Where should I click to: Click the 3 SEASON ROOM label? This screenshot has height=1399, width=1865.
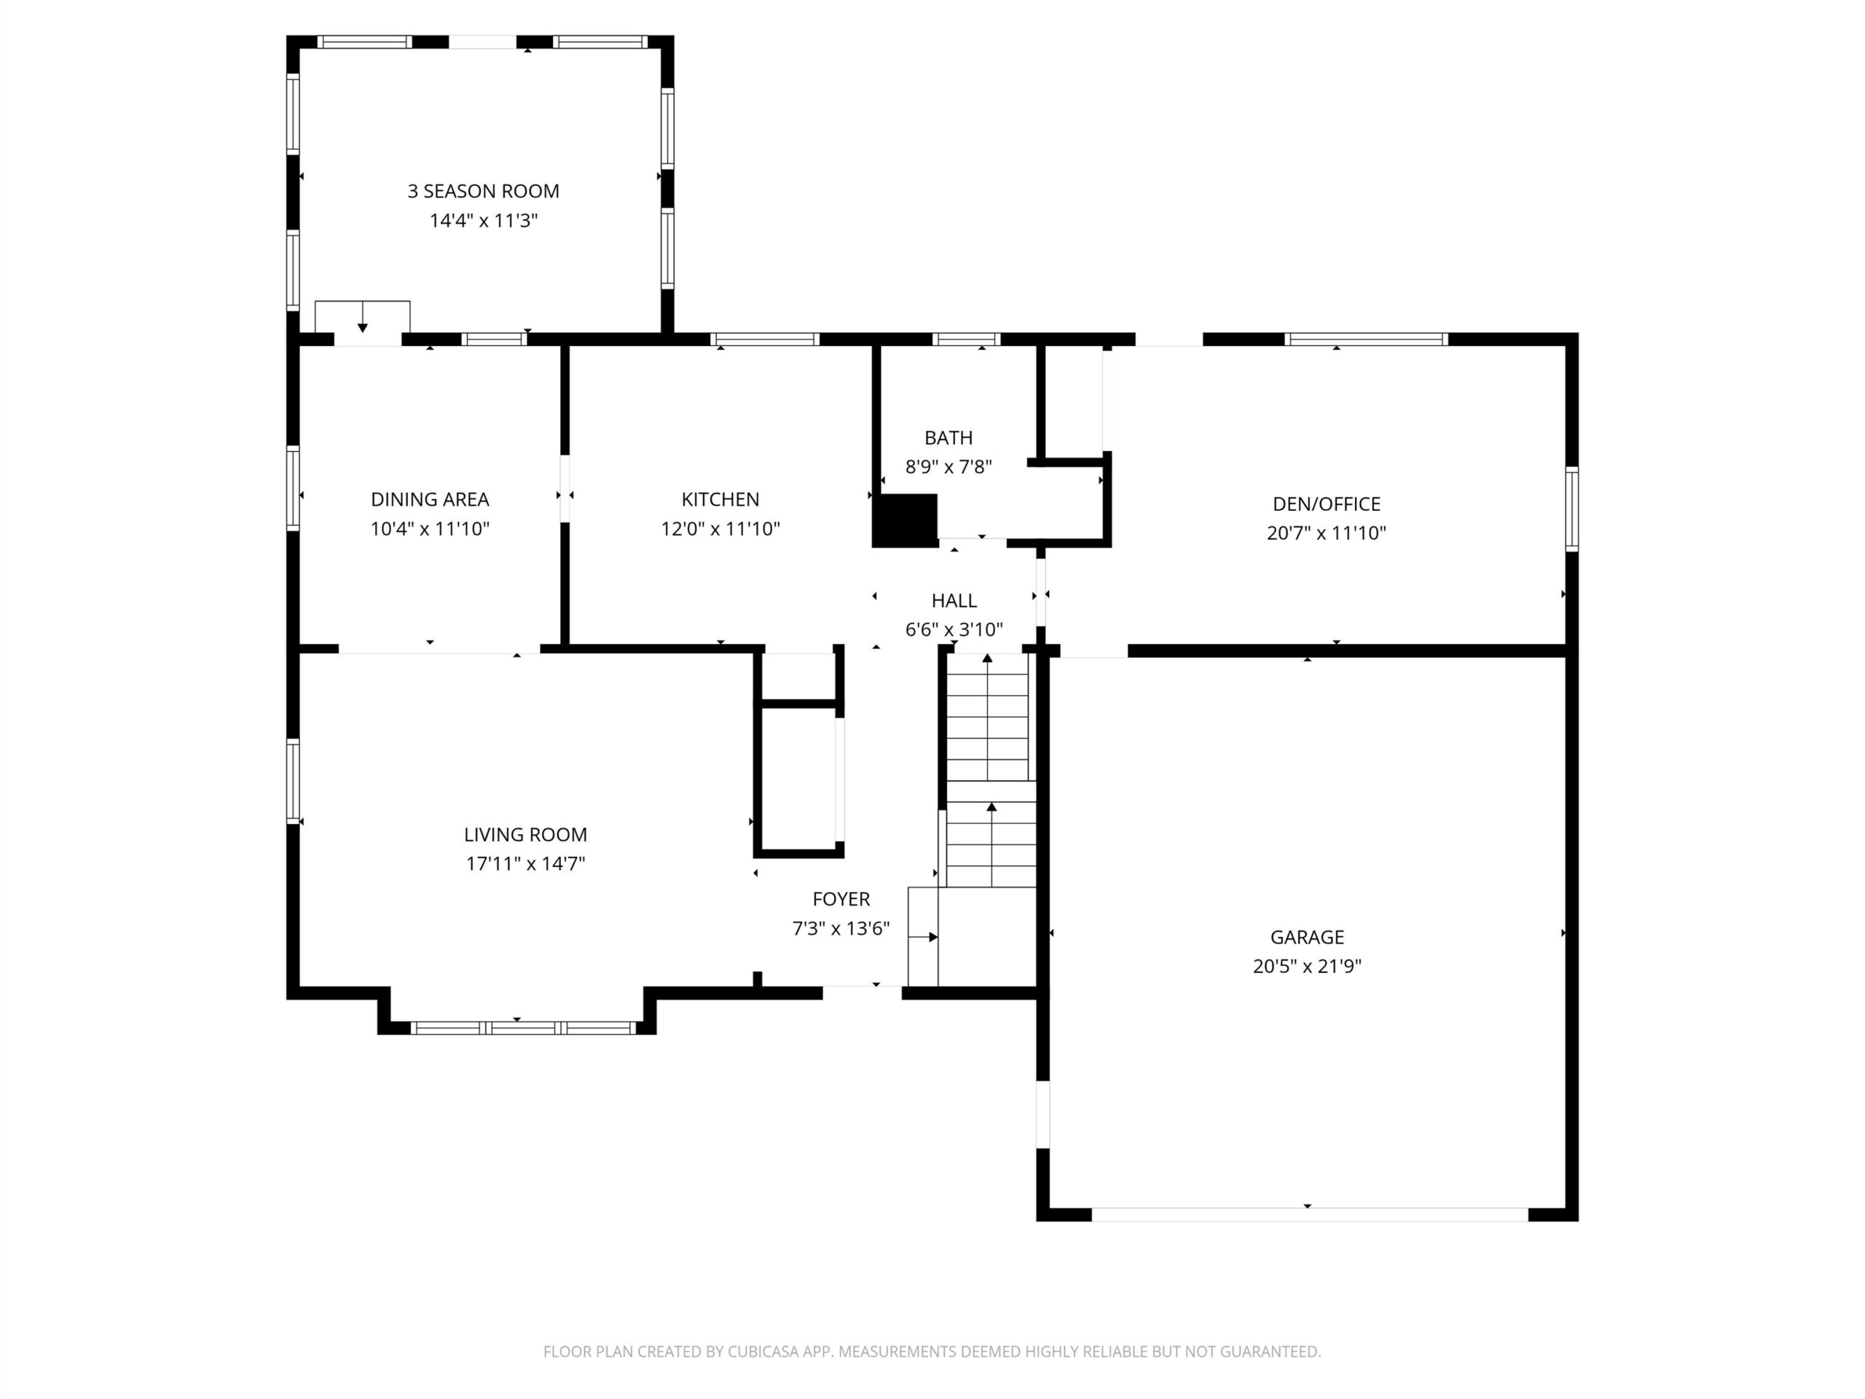pyautogui.click(x=483, y=192)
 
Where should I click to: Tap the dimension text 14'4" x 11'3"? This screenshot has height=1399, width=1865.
pyautogui.click(x=483, y=221)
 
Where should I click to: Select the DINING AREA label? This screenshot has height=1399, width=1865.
pyautogui.click(x=430, y=499)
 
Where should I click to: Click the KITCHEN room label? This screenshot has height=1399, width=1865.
pyautogui.click(x=720, y=499)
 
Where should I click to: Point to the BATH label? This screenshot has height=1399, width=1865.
pyautogui.click(x=949, y=438)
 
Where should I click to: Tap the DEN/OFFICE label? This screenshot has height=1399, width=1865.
pyautogui.click(x=1326, y=504)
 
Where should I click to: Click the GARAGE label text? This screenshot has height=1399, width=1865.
pyautogui.click(x=1307, y=937)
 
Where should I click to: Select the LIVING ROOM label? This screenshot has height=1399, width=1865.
pyautogui.click(x=525, y=835)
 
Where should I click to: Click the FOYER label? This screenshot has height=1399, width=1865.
pyautogui.click(x=841, y=899)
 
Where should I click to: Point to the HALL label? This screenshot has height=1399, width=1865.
pyautogui.click(x=954, y=600)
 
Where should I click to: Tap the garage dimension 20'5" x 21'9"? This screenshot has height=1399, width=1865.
pyautogui.click(x=1307, y=966)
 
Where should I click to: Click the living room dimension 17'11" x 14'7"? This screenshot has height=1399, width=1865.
pyautogui.click(x=525, y=863)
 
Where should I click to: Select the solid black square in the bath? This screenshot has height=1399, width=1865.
pyautogui.click(x=905, y=521)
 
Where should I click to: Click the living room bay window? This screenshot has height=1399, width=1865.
pyautogui.click(x=523, y=1028)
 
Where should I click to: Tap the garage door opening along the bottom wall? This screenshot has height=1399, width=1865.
pyautogui.click(x=1309, y=1215)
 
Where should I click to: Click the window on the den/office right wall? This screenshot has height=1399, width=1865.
pyautogui.click(x=1571, y=509)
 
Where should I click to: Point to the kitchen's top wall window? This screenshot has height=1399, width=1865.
pyautogui.click(x=765, y=340)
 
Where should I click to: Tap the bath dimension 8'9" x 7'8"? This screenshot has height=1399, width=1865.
pyautogui.click(x=949, y=467)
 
